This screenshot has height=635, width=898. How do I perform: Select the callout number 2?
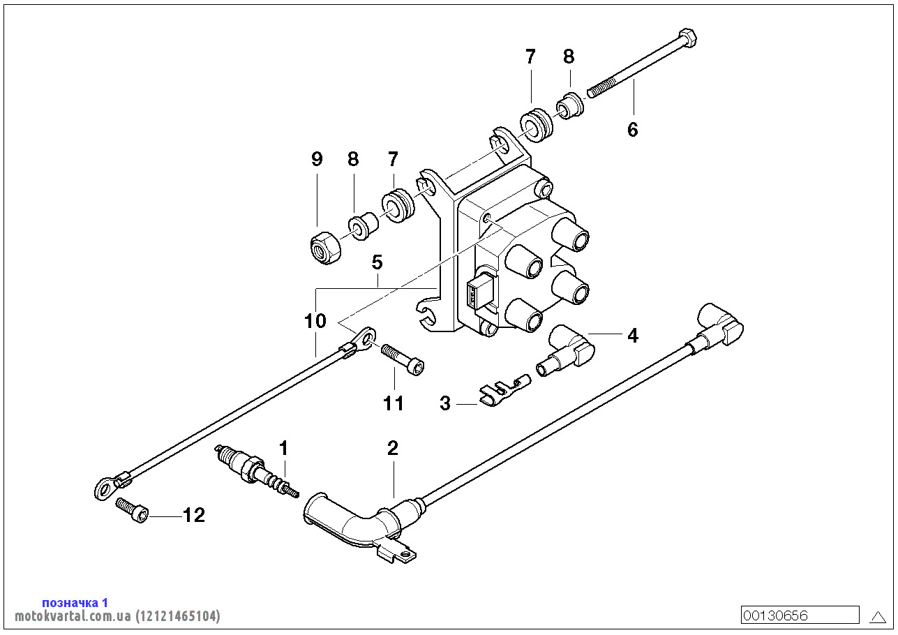coord(393,449)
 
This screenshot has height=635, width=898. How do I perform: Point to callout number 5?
coord(377,263)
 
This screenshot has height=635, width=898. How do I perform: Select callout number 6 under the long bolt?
coord(633,129)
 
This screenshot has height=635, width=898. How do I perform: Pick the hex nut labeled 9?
coord(324,248)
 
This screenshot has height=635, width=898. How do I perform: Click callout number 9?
coord(317,159)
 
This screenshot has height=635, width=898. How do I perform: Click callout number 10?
coord(315,321)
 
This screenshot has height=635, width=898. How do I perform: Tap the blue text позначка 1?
coord(75,602)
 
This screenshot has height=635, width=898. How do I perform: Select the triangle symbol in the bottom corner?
coord(878,616)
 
